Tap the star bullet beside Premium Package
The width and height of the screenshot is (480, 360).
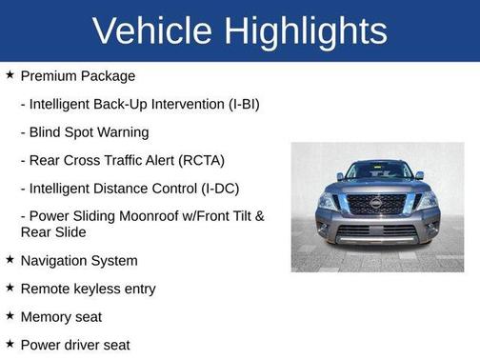click(x=10, y=74)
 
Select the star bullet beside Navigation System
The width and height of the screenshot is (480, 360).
click(x=10, y=259)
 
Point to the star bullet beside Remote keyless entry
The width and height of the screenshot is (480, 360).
click(x=10, y=287)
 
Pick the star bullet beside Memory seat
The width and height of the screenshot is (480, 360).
click(x=10, y=315)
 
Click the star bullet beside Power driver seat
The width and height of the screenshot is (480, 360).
click(x=10, y=343)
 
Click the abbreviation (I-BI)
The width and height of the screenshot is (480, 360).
click(x=237, y=104)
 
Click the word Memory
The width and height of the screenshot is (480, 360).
click(x=47, y=316)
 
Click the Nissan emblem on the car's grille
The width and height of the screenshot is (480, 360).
click(x=375, y=203)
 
